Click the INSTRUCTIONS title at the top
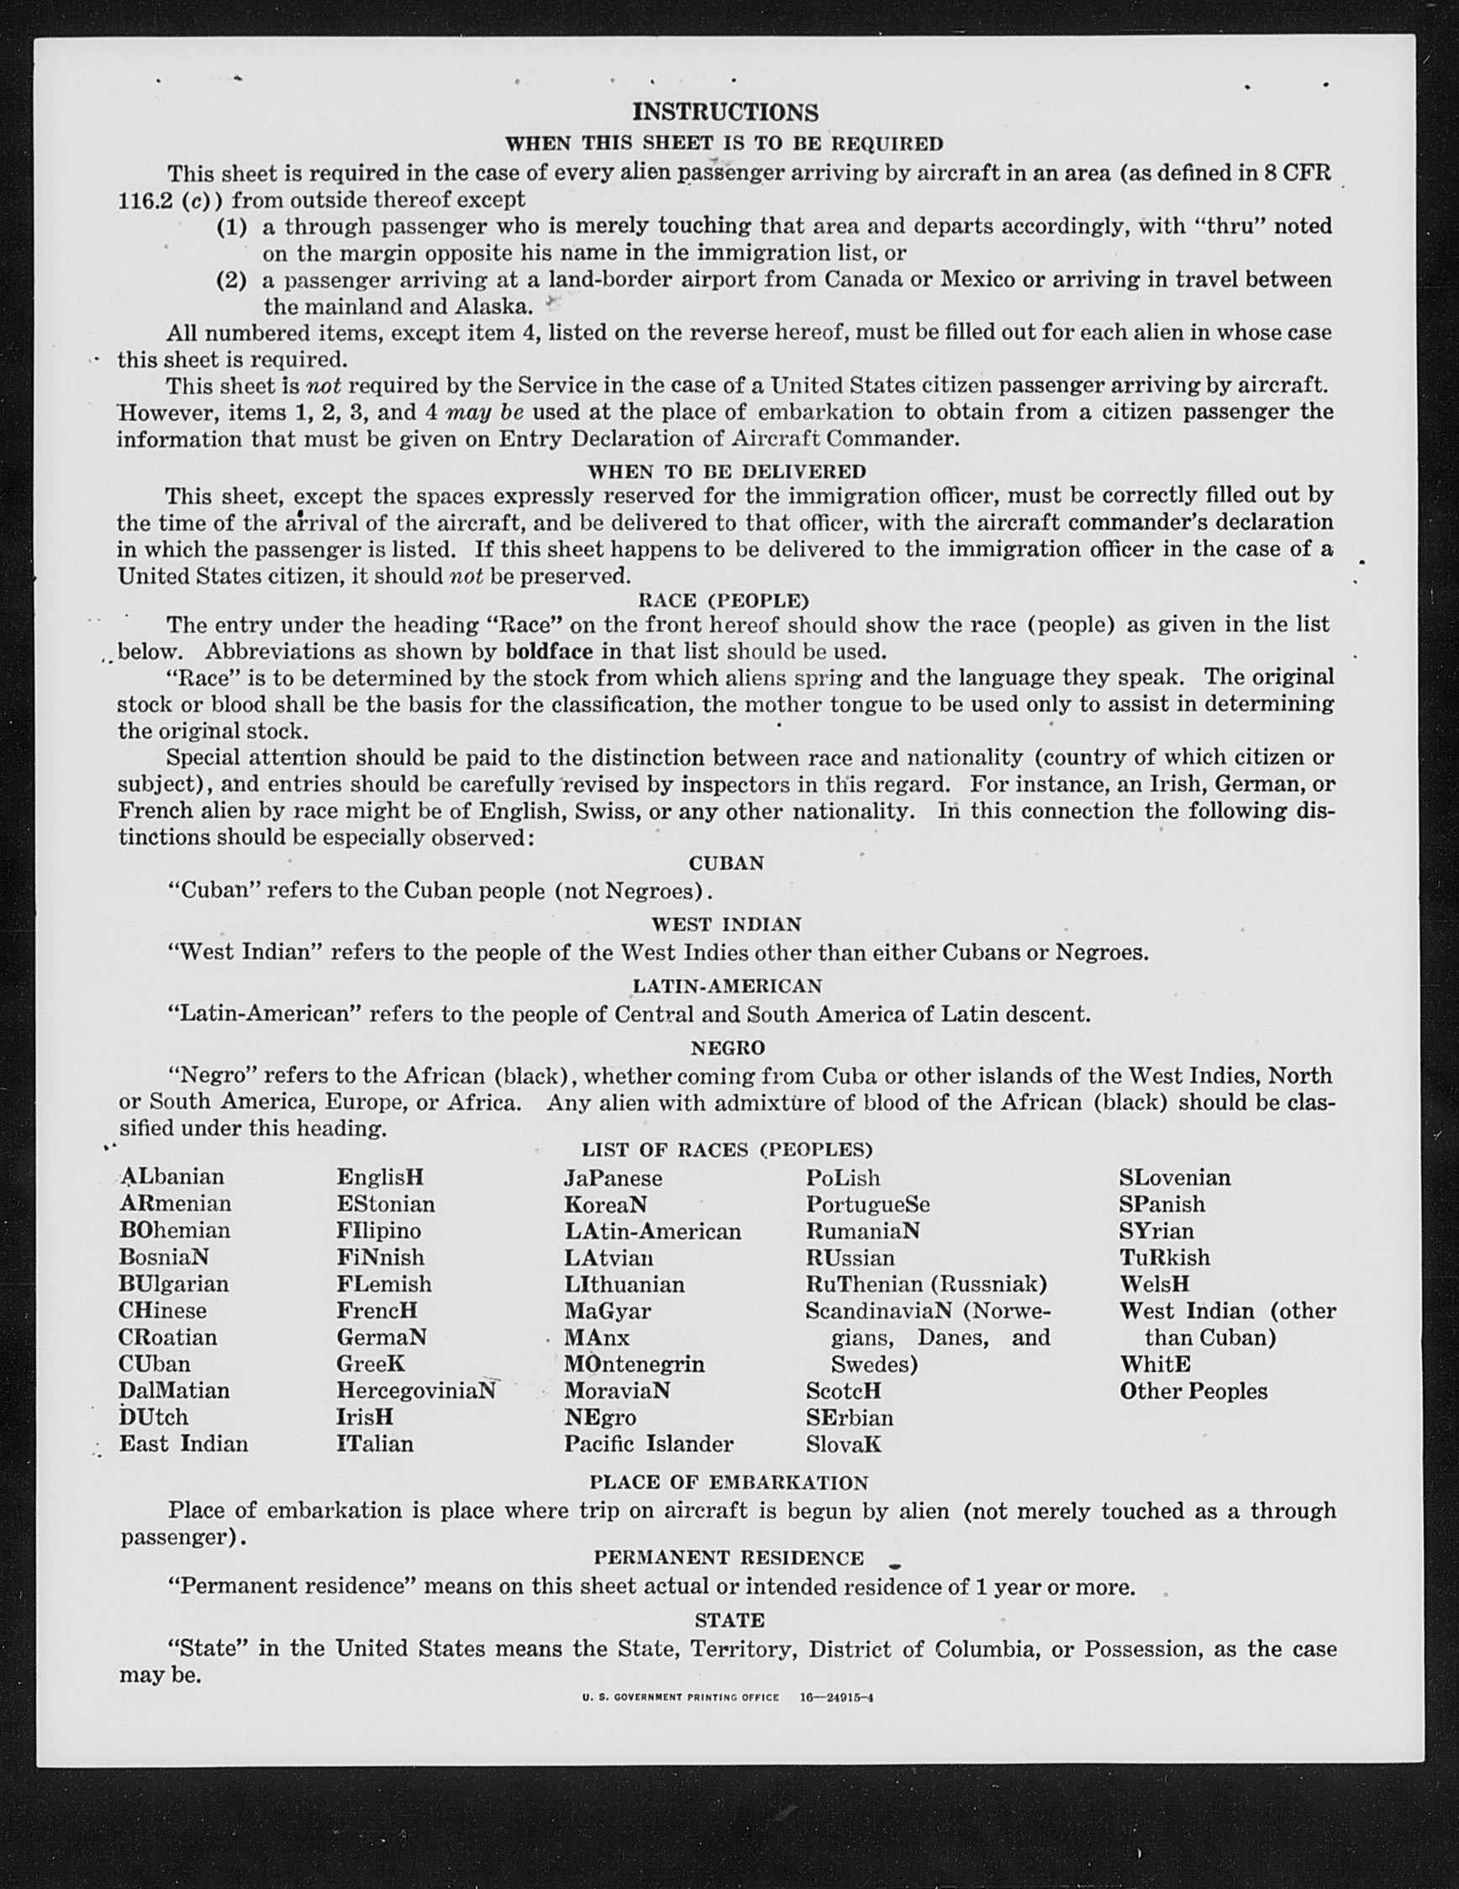724,113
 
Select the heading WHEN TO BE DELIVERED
726,472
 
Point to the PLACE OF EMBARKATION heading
728,1482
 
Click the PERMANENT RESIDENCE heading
728,1558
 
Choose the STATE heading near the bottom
729,1619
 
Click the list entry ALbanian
172,1176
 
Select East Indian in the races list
183,1443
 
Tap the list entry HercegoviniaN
416,1390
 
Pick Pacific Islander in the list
649,1443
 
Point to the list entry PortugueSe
867,1204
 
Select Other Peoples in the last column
1193,1390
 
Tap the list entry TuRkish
1165,1257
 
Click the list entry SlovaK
843,1444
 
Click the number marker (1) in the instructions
231,227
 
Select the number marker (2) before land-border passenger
231,280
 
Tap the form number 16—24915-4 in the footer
836,1697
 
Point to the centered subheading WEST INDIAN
726,925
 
